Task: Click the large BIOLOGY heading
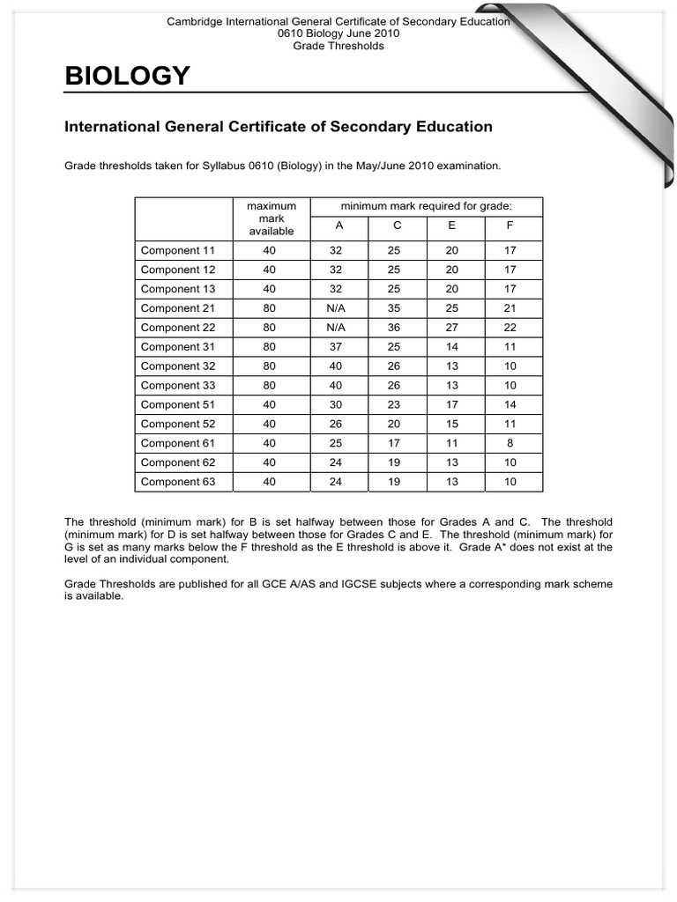pyautogui.click(x=127, y=78)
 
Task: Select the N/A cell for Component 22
pyautogui.click(x=336, y=328)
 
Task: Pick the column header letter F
pyautogui.click(x=510, y=225)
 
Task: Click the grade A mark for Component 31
pyautogui.click(x=336, y=347)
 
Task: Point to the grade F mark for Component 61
pyautogui.click(x=510, y=443)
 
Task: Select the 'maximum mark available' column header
pyautogui.click(x=272, y=218)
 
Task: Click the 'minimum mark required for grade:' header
pyautogui.click(x=427, y=206)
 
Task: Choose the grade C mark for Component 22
pyautogui.click(x=394, y=328)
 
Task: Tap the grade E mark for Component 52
pyautogui.click(x=452, y=424)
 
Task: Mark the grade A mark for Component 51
pyautogui.click(x=336, y=404)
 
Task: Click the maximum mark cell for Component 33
pyautogui.click(x=270, y=385)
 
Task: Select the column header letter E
pyautogui.click(x=452, y=225)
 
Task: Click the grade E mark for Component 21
pyautogui.click(x=452, y=308)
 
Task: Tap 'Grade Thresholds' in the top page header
pyautogui.click(x=338, y=46)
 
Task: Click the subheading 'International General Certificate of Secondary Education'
pyautogui.click(x=279, y=127)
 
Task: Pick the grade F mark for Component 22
pyautogui.click(x=510, y=328)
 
